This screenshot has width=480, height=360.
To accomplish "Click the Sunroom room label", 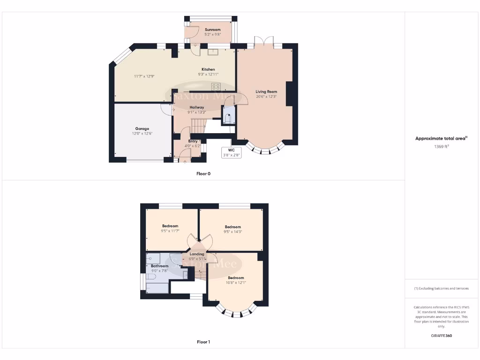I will (x=212, y=30).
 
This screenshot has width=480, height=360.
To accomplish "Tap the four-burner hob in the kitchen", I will (x=216, y=86).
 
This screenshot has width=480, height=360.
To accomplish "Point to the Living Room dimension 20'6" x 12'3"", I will (x=266, y=97).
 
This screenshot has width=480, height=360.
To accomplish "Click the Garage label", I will (x=142, y=128).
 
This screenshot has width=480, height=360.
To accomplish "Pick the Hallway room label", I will (x=197, y=107).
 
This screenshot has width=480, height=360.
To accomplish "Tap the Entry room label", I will (x=193, y=141).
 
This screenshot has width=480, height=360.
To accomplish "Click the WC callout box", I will (x=231, y=153).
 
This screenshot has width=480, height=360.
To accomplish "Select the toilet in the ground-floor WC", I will (x=228, y=118).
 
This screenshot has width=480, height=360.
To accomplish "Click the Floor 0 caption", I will (x=203, y=173).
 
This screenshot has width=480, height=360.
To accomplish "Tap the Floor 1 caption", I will (x=203, y=342).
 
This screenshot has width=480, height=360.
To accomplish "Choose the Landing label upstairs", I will (x=197, y=254).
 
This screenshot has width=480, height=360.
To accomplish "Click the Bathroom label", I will (x=159, y=266).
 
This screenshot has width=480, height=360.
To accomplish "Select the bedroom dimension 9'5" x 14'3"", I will (x=232, y=232).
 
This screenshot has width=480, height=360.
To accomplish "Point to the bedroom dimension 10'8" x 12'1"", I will (x=236, y=282).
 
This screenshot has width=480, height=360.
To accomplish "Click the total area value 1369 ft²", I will (x=441, y=147).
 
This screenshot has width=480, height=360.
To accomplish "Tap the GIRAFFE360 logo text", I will (x=441, y=336).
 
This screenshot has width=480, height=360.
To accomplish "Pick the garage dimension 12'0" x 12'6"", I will (x=142, y=134).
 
